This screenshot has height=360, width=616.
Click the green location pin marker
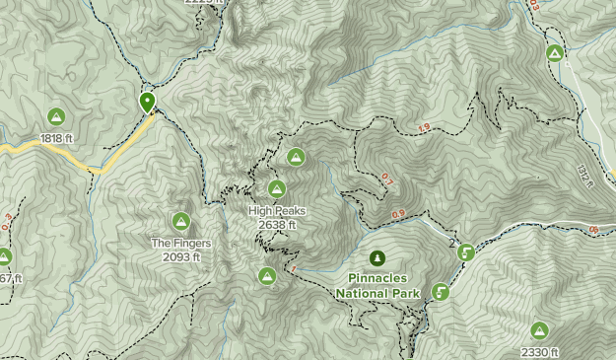147,101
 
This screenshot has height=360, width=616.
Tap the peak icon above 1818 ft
56,116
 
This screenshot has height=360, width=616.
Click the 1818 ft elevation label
57,138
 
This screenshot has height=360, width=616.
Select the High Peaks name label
277,211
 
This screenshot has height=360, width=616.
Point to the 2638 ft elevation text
277,225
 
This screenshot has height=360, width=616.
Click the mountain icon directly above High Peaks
277,188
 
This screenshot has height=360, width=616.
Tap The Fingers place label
181,243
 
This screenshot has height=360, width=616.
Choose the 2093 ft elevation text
181,256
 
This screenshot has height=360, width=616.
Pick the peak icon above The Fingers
181,221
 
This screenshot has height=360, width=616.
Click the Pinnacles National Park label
377,285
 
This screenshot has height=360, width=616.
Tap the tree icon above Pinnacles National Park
377,258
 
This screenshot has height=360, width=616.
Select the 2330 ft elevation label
539,352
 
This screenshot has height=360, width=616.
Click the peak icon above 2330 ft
539,330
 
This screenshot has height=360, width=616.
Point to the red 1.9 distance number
424,127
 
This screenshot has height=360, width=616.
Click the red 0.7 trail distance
386,180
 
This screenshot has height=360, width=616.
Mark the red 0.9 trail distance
398,214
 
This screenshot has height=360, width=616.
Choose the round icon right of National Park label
441,292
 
